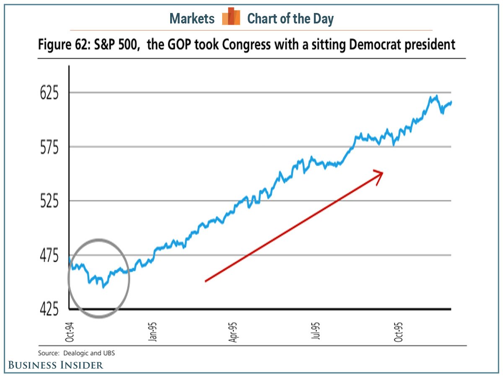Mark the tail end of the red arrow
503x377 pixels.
click(205, 281)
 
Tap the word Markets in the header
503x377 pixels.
click(192, 18)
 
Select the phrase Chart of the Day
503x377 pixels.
click(290, 18)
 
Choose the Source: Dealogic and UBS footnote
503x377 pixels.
click(77, 353)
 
